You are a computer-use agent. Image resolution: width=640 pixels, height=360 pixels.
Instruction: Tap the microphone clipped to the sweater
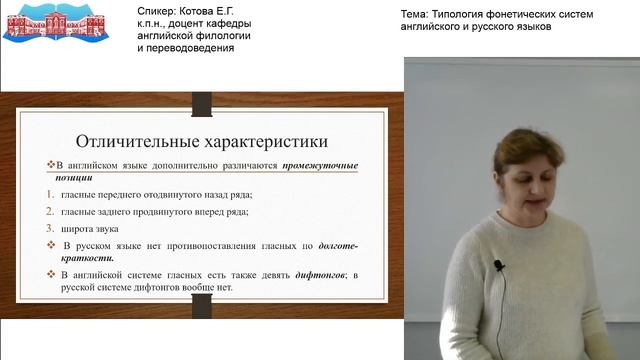(497, 266)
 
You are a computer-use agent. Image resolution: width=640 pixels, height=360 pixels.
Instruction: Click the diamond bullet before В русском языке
(51, 245)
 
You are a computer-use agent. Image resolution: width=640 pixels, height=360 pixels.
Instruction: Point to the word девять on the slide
(239, 275)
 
